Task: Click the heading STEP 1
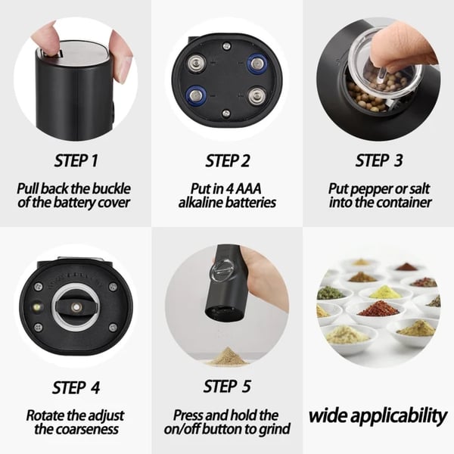click(76, 160)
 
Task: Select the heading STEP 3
click(378, 160)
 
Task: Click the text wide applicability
click(378, 415)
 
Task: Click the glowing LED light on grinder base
click(38, 309)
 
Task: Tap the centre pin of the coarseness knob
click(76, 306)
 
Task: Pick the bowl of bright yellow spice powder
click(385, 291)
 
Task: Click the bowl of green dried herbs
click(331, 292)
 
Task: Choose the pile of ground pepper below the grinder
click(228, 356)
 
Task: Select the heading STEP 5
click(227, 387)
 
